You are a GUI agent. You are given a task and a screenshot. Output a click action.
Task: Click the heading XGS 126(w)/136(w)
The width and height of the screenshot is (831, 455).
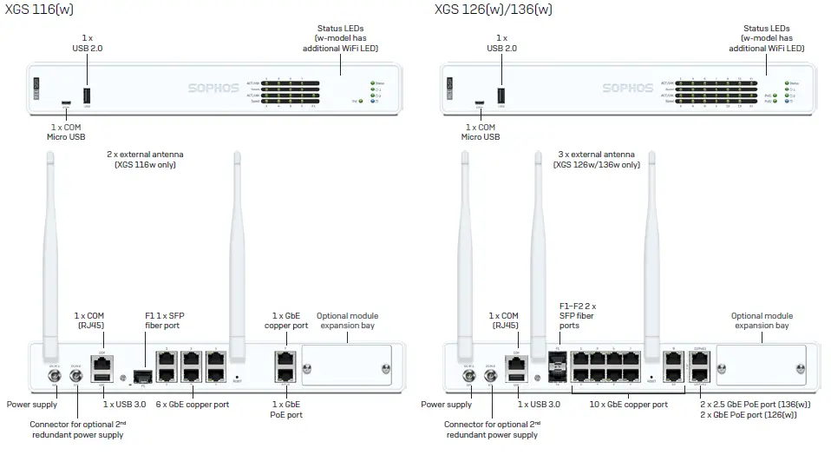pos(493,10)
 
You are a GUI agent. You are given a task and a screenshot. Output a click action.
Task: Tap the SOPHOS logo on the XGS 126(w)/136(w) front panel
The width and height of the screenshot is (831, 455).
pos(627,88)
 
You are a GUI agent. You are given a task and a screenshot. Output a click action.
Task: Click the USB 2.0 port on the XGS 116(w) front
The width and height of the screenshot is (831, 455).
pos(87,96)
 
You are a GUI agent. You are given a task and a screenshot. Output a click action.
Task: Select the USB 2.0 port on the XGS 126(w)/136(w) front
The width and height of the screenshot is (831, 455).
pos(501,96)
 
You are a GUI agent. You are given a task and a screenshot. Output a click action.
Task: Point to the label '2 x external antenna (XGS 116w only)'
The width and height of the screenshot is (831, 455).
pos(145,159)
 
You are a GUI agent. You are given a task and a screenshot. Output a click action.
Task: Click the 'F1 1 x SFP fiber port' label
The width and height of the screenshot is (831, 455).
pos(164,320)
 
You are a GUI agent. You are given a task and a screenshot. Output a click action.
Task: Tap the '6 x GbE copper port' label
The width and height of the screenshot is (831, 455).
pos(192,404)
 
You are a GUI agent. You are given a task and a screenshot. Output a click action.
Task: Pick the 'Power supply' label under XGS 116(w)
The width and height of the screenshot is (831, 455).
pos(32,404)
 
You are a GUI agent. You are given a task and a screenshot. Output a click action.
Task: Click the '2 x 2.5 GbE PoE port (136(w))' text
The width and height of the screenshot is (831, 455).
pos(755,404)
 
